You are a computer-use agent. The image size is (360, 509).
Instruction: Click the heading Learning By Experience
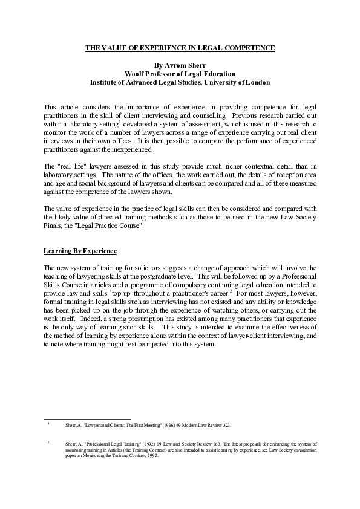pos(80,250)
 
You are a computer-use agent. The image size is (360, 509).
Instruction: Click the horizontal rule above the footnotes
pos(88,418)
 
